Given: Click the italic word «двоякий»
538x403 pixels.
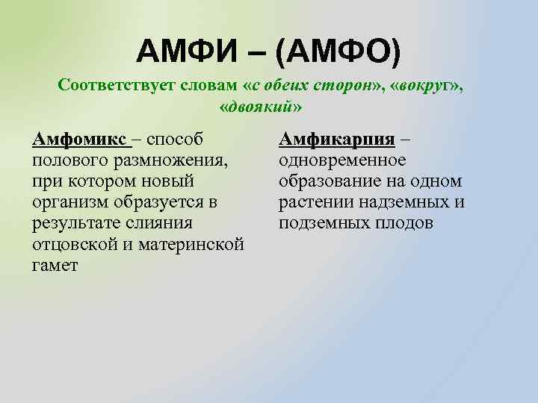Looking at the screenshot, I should [262, 105].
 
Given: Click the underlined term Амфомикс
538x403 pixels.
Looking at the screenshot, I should [80, 139].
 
